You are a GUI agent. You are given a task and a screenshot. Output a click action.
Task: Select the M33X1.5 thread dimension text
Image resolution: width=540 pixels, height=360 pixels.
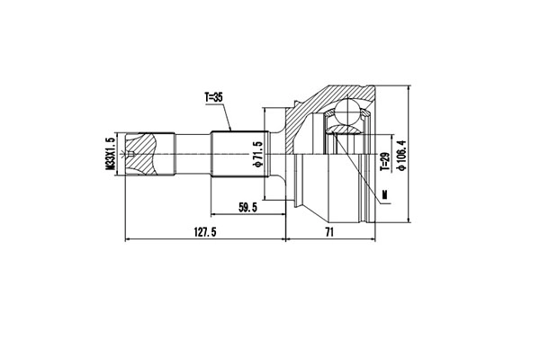[111, 152]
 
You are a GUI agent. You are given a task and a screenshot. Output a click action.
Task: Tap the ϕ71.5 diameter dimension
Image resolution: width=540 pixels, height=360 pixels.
[258, 154]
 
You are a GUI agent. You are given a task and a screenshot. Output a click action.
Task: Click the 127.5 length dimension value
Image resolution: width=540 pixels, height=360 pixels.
[205, 231]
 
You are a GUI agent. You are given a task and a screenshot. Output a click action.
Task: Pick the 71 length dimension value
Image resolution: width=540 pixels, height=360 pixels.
[329, 231]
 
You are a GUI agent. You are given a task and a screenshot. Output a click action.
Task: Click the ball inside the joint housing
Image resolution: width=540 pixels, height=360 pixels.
[346, 115]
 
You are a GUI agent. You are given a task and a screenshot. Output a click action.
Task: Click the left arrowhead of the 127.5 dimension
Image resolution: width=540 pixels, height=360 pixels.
[127, 240]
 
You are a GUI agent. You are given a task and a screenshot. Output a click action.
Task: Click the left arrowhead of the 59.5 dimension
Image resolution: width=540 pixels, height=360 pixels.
[214, 216]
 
